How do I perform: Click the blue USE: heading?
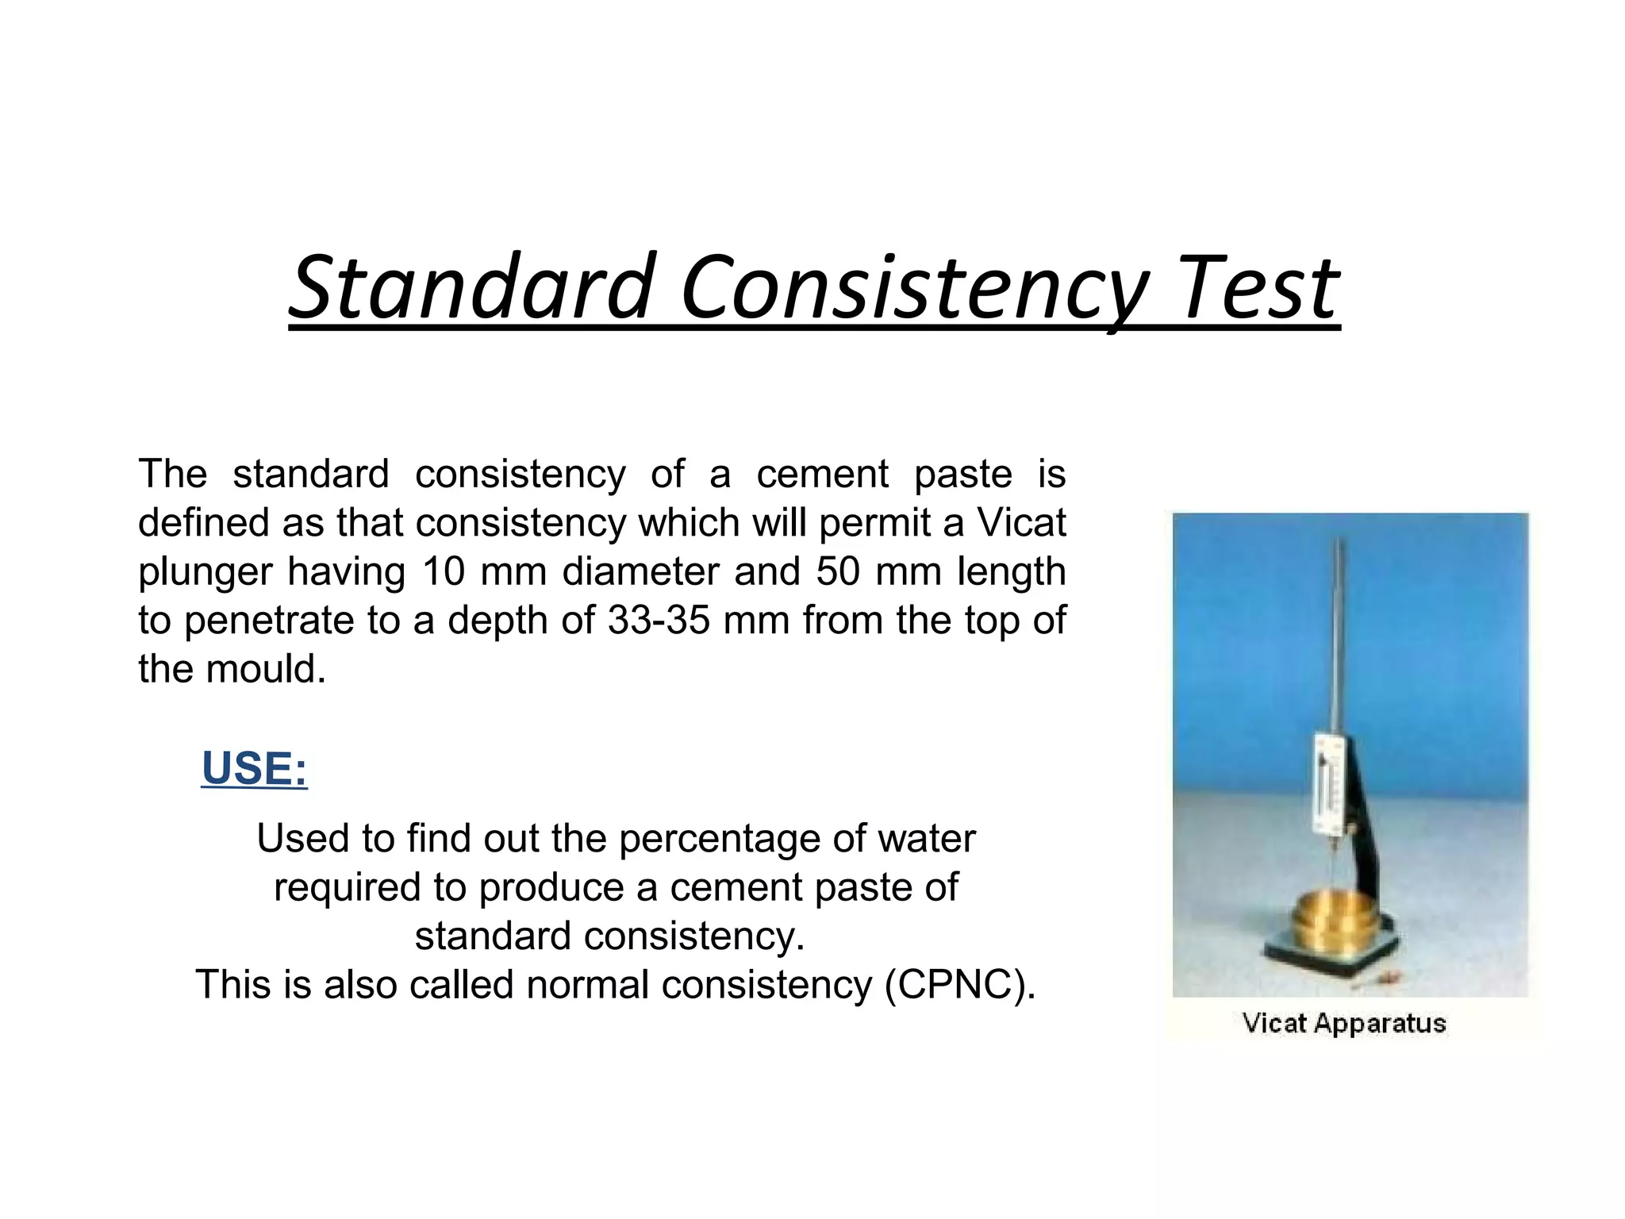click(x=254, y=768)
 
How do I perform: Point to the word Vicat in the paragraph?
click(x=1021, y=523)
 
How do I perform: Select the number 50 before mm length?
click(x=838, y=571)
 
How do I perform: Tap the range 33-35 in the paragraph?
click(x=659, y=620)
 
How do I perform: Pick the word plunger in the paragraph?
click(x=206, y=573)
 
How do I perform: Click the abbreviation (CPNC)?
click(x=960, y=985)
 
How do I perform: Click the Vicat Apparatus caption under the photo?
click(x=1343, y=1023)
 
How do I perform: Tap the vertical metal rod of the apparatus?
click(x=1340, y=635)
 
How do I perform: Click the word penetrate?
click(x=269, y=621)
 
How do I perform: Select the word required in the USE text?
click(x=347, y=888)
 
